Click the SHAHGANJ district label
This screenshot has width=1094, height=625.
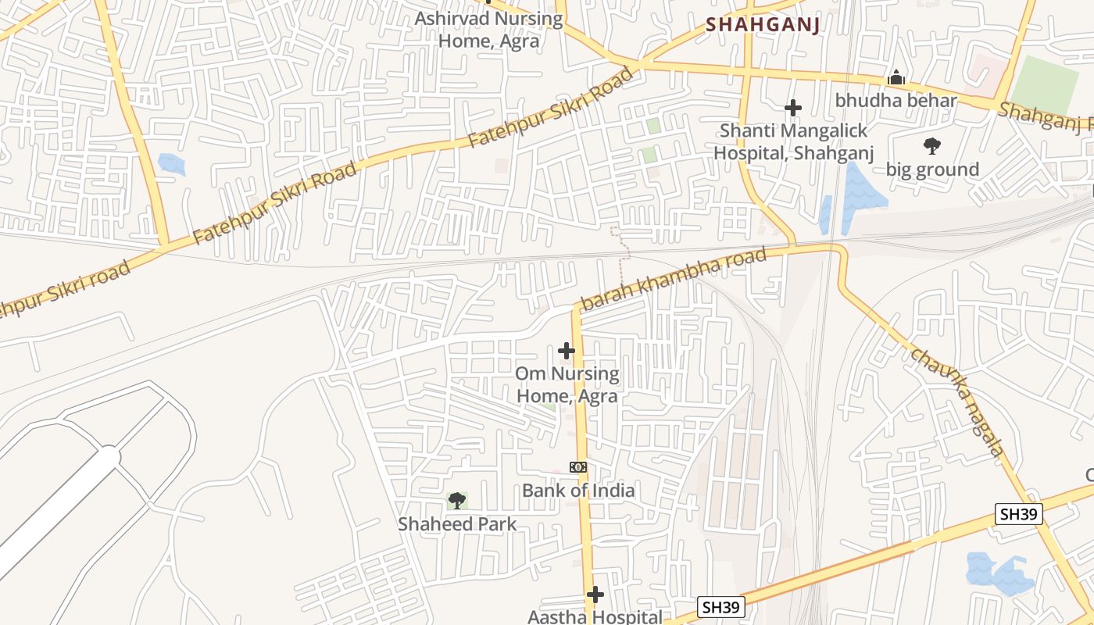(x=763, y=25)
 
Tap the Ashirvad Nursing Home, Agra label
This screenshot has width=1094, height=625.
(x=488, y=30)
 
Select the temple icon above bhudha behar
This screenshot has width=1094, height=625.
(x=896, y=77)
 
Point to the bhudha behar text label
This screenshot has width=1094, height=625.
(x=896, y=101)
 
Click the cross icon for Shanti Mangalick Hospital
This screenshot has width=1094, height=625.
(x=793, y=107)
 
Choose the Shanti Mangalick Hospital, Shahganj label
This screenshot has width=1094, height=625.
(x=793, y=141)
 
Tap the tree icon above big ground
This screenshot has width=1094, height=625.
(x=931, y=145)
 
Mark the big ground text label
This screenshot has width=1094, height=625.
(x=932, y=170)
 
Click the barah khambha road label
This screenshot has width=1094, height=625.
(x=674, y=279)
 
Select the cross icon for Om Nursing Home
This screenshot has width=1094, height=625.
(x=567, y=351)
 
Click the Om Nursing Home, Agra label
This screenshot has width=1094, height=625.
(x=567, y=384)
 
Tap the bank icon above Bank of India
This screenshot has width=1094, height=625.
(x=578, y=467)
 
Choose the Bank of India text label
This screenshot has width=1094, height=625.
(x=578, y=491)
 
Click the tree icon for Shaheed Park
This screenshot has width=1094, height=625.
(x=457, y=500)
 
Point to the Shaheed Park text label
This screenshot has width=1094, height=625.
(x=457, y=524)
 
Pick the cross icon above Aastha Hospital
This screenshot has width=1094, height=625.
(x=595, y=595)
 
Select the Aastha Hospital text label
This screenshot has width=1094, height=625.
(x=595, y=616)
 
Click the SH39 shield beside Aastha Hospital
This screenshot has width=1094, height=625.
(x=721, y=607)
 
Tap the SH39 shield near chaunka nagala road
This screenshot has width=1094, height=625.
(x=1020, y=513)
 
